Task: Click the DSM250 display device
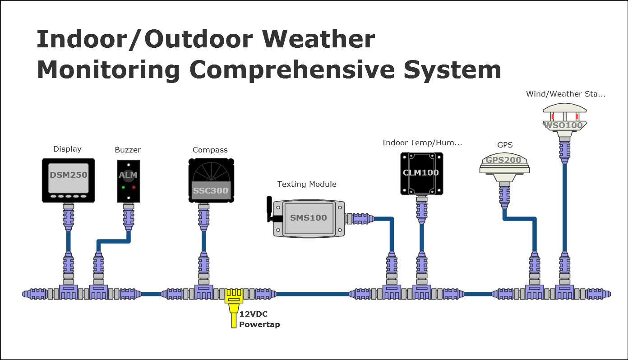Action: pyautogui.click(x=68, y=180)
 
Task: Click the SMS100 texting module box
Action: pyautogui.click(x=308, y=218)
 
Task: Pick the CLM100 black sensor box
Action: pyautogui.click(x=421, y=173)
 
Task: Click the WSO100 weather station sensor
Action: pyautogui.click(x=564, y=118)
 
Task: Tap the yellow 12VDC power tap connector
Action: pyautogui.click(x=234, y=300)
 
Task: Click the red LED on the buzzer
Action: pyautogui.click(x=134, y=187)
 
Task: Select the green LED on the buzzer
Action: pyautogui.click(x=123, y=187)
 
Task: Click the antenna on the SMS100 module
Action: pyautogui.click(x=270, y=209)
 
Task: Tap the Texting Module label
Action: pyautogui.click(x=307, y=184)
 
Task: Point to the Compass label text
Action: pyautogui.click(x=210, y=150)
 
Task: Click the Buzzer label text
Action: pyautogui.click(x=128, y=150)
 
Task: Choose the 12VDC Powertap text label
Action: pyautogui.click(x=259, y=319)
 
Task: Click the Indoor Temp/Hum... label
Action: pyautogui.click(x=422, y=143)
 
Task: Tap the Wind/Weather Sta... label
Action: pyautogui.click(x=566, y=94)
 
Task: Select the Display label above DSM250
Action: pyautogui.click(x=67, y=149)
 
